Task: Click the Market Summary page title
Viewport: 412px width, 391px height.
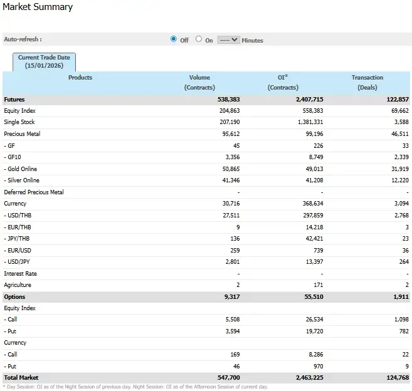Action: click(x=38, y=8)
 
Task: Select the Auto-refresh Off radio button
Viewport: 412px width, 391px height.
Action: click(x=174, y=39)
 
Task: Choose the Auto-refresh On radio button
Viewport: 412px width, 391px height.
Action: click(x=199, y=39)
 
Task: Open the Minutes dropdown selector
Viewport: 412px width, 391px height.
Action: click(x=229, y=39)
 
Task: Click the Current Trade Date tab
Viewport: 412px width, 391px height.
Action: click(x=44, y=61)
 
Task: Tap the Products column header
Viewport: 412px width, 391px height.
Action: click(x=80, y=78)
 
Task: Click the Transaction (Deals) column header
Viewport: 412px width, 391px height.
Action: click(x=367, y=82)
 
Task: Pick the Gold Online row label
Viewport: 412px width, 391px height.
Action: click(x=21, y=169)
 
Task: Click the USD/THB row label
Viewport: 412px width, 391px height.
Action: click(x=19, y=216)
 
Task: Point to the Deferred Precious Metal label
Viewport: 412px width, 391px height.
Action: click(x=34, y=192)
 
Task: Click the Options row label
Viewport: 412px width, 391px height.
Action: click(x=14, y=296)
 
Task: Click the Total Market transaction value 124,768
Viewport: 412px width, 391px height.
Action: click(x=395, y=378)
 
